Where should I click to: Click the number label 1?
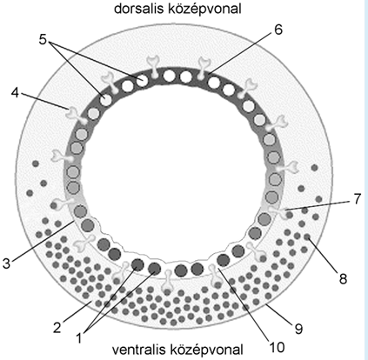click(x=78, y=338)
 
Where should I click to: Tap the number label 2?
click(x=57, y=328)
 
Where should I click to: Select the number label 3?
click(x=7, y=263)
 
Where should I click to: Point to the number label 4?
click(x=16, y=92)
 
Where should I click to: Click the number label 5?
click(x=43, y=40)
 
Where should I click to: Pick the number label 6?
click(x=278, y=30)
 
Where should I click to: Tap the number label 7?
click(x=358, y=198)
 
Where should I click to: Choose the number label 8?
click(x=343, y=279)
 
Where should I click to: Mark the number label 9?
click(x=298, y=329)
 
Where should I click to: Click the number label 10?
click(x=277, y=347)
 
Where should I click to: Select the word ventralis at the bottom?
click(x=138, y=350)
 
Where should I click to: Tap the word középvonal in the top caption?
click(x=204, y=10)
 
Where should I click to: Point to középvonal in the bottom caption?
click(x=206, y=350)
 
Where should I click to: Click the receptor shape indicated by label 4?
click(x=76, y=115)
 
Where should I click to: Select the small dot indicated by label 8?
click(x=307, y=237)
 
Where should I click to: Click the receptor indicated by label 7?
click(x=277, y=212)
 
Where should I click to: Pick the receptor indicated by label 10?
click(x=215, y=275)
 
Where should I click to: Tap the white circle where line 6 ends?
click(x=214, y=82)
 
